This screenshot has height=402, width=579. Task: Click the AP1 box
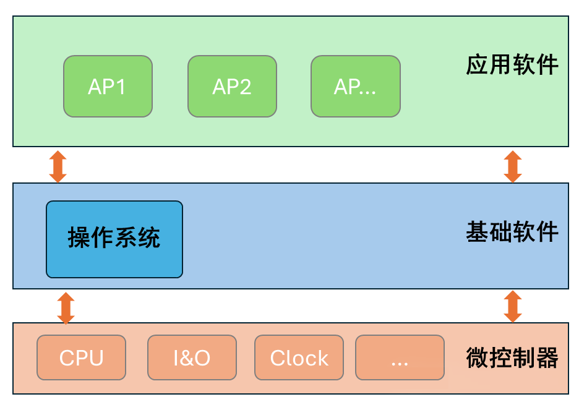[108, 87]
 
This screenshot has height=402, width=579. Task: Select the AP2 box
[232, 87]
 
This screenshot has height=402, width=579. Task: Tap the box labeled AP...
[355, 87]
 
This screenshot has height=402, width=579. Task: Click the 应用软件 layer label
[512, 65]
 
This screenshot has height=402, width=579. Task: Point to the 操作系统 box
[114, 239]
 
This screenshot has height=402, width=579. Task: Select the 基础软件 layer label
[512, 233]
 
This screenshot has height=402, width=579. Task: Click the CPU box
[81, 357]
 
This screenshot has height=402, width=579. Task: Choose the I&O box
[192, 357]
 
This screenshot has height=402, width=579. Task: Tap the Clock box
[299, 357]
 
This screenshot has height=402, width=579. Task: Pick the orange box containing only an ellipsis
[400, 357]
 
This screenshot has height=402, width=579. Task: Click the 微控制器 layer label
[512, 357]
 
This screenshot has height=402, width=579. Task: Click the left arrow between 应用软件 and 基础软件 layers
[58, 166]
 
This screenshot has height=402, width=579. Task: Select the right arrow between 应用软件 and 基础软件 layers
[513, 166]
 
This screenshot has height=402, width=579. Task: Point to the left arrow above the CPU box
[66, 307]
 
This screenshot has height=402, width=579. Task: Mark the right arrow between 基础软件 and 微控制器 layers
[513, 307]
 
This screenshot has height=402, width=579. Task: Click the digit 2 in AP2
[244, 87]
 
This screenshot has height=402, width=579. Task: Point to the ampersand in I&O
[191, 358]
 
